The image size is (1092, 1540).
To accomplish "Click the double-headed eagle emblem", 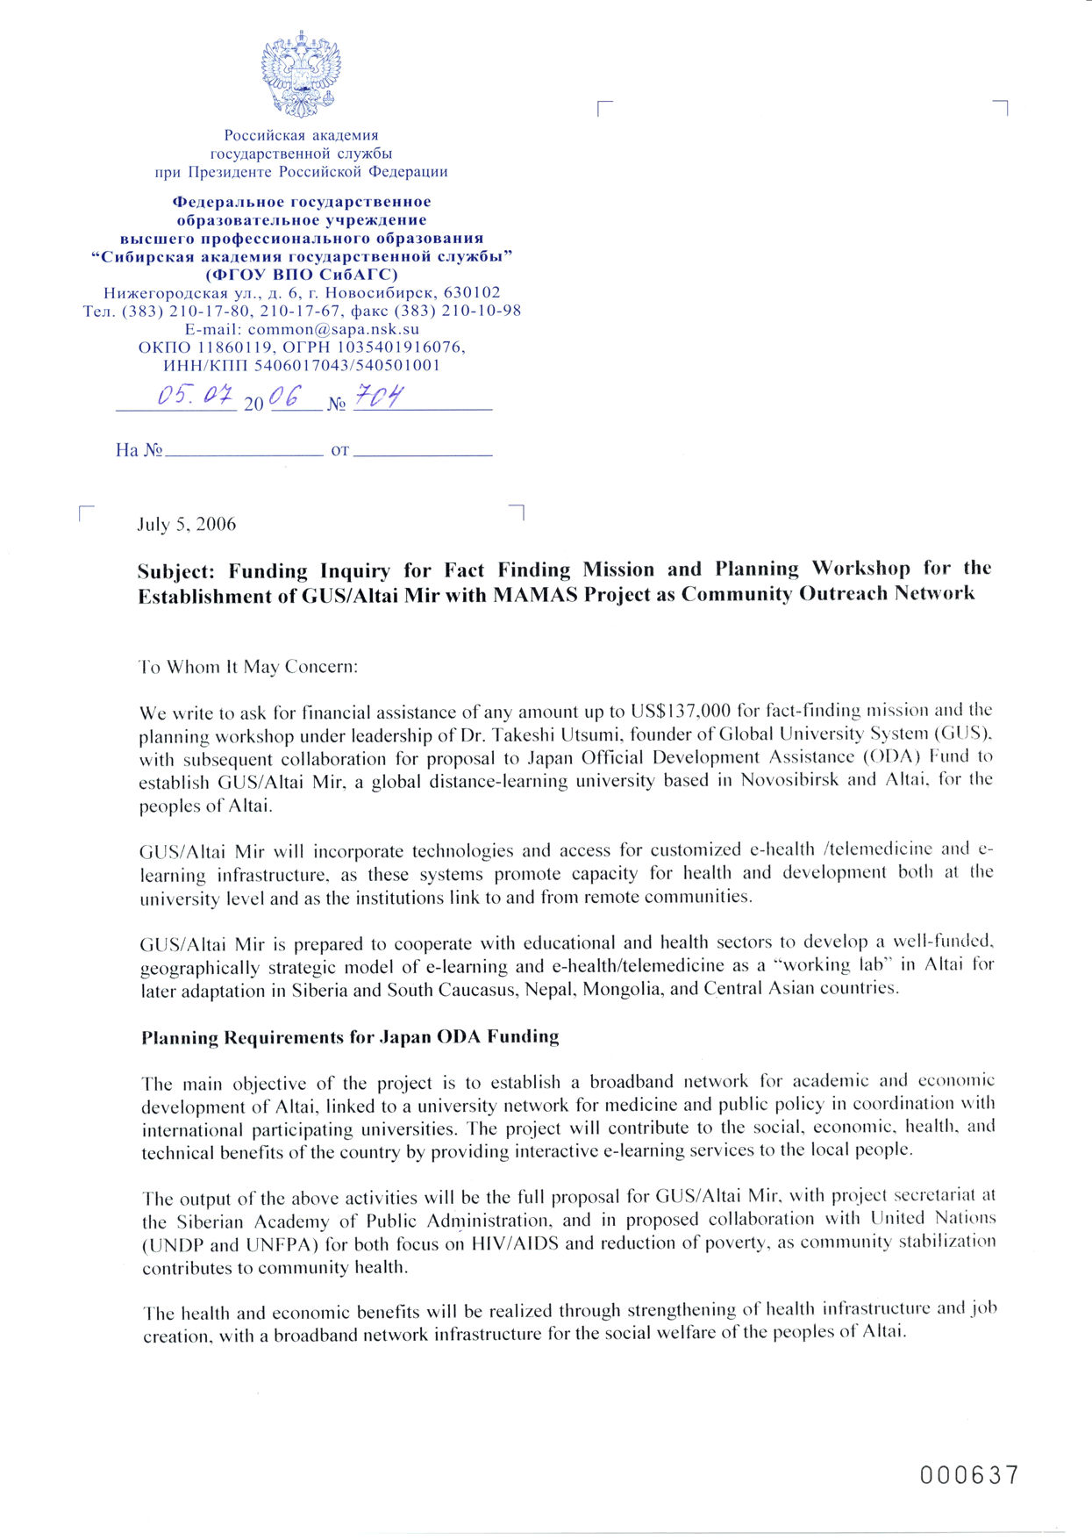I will tap(300, 75).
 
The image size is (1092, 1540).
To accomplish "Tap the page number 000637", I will tap(969, 1476).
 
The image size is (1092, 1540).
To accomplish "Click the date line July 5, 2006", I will tap(187, 525).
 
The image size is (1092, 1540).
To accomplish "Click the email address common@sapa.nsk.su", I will tap(333, 329).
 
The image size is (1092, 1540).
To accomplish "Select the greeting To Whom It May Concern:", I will tap(248, 667).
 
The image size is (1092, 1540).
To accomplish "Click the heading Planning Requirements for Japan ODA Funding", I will tap(350, 1037).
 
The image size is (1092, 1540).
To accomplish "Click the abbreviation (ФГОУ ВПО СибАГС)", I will tap(302, 275).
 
